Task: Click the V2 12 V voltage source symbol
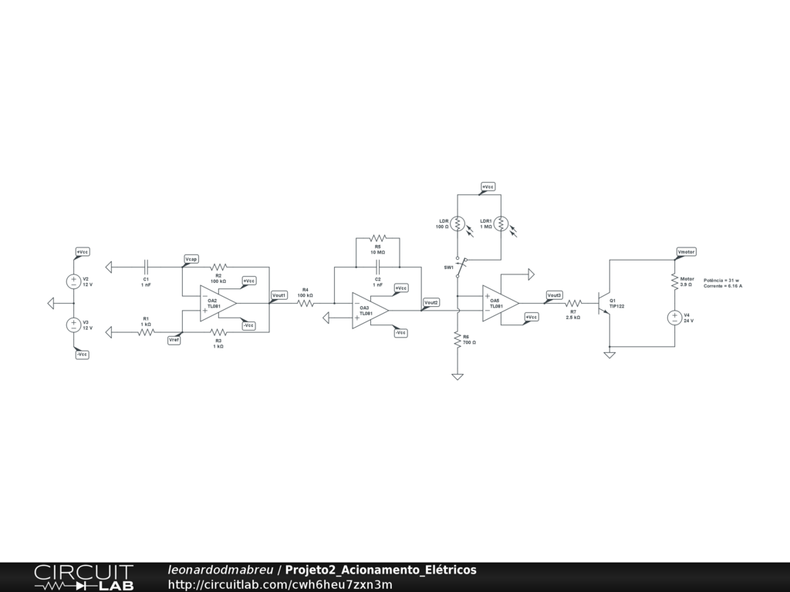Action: [x=74, y=282]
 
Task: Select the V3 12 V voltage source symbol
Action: [x=74, y=325]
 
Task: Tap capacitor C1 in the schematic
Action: [x=146, y=267]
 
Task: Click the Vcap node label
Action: [x=191, y=258]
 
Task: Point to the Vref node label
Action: [x=174, y=340]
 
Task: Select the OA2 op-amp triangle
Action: [x=217, y=303]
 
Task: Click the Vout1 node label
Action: [x=279, y=294]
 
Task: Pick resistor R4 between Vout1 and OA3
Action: [x=306, y=303]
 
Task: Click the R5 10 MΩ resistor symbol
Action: [x=377, y=238]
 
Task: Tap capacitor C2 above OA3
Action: [x=378, y=267]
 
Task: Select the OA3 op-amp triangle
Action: [x=370, y=311]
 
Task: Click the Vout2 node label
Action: [x=431, y=302]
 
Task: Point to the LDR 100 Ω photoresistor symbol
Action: [x=457, y=224]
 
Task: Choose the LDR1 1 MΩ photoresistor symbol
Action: [x=501, y=224]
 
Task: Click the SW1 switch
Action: [x=459, y=267]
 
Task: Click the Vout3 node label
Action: [x=554, y=294]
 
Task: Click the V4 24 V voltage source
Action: [x=674, y=317]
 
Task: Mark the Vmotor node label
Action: [x=686, y=251]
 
